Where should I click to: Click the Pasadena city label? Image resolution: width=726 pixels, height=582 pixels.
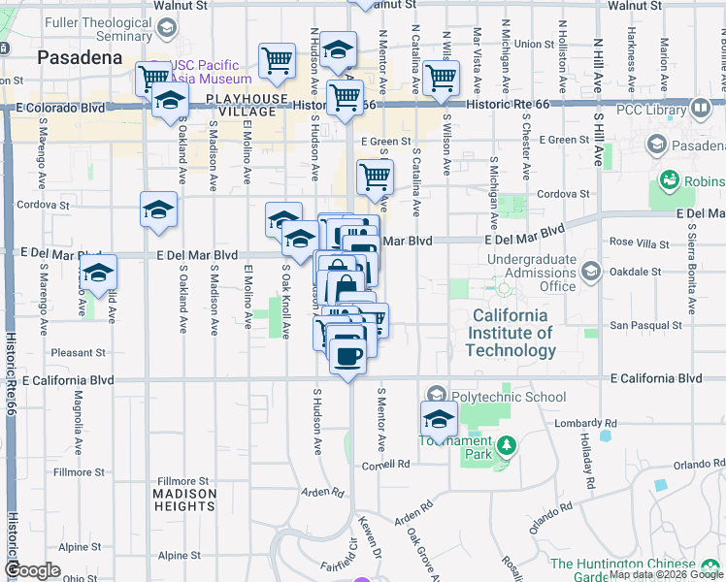click(80, 57)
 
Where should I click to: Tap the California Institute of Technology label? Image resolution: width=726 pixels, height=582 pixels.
click(511, 333)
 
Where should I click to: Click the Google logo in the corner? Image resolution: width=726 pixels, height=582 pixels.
click(33, 569)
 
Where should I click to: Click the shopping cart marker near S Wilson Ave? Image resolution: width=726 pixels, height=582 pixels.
click(442, 78)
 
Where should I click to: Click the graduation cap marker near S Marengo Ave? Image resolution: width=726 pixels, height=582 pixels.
click(98, 275)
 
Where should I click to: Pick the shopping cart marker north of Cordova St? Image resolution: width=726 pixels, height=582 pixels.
click(375, 178)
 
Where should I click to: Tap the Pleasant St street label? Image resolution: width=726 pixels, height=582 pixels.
click(81, 352)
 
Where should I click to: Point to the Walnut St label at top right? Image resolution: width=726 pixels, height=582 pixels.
click(634, 5)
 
